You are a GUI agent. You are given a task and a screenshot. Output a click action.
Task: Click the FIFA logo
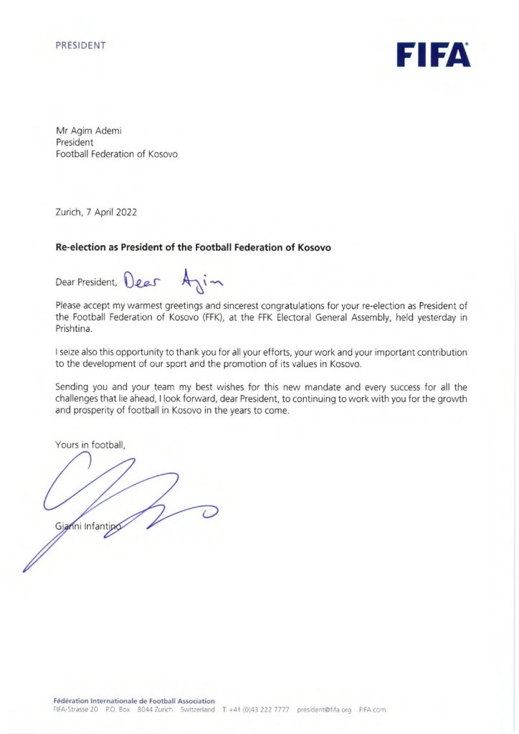[433, 54]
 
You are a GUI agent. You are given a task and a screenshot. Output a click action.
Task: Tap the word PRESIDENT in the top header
[80, 45]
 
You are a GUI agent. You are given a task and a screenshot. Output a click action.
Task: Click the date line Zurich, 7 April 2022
[96, 212]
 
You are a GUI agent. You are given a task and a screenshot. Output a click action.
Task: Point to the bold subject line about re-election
[194, 247]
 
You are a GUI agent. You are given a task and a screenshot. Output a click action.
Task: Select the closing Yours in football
[90, 445]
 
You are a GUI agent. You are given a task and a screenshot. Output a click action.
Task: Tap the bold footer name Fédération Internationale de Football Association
[134, 700]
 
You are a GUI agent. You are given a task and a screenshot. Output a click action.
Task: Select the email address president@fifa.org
[324, 710]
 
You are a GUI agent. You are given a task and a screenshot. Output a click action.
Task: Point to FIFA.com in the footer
[372, 710]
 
